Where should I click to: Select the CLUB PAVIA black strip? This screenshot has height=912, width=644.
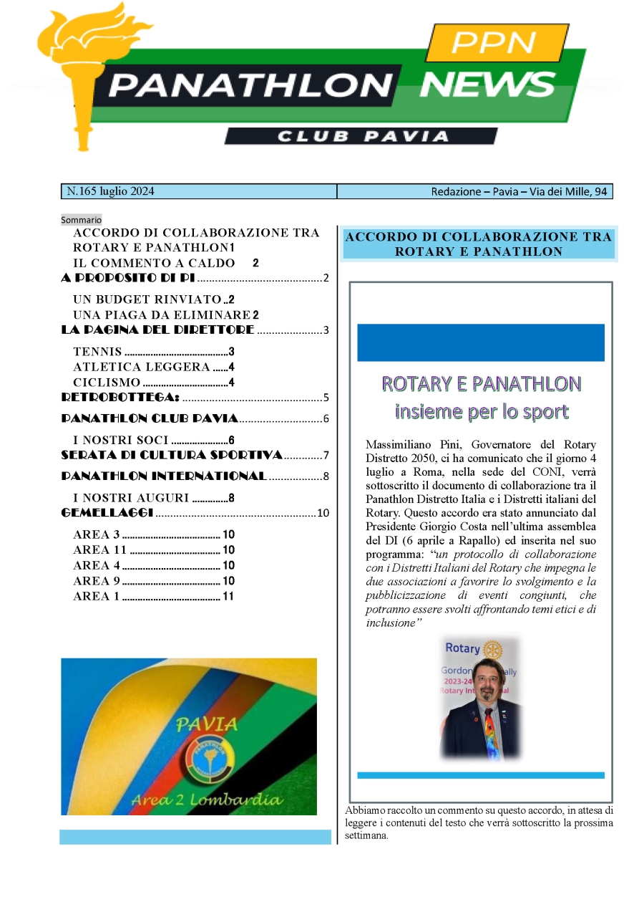[361, 136]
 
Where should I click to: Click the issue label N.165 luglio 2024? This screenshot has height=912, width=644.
[110, 191]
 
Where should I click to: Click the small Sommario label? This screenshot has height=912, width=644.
[81, 219]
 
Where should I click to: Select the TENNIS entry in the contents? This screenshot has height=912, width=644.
[97, 352]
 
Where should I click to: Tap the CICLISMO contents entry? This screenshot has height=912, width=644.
[107, 383]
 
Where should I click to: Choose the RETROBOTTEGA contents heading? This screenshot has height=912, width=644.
[120, 398]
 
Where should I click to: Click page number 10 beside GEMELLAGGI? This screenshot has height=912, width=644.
[322, 513]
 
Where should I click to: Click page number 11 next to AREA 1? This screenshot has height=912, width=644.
[228, 596]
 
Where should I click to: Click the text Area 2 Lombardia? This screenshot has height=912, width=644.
[208, 799]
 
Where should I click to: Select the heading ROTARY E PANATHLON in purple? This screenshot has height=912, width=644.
[481, 384]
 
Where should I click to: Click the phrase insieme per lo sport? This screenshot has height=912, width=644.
[482, 411]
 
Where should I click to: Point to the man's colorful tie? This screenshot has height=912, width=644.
[488, 727]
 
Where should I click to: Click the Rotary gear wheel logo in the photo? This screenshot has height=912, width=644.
[492, 648]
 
